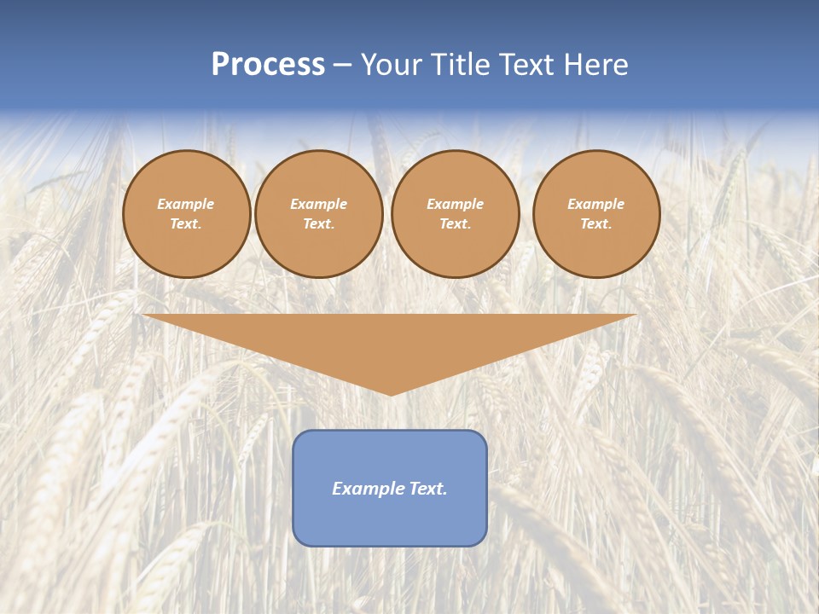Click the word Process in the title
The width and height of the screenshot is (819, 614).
tap(268, 65)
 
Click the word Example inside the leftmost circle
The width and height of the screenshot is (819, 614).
tap(186, 204)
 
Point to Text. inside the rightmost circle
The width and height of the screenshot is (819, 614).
tap(595, 223)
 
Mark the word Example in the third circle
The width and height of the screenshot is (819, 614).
tap(455, 204)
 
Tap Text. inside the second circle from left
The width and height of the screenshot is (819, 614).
tap(318, 223)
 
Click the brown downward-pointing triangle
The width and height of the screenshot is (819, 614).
tap(390, 341)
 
